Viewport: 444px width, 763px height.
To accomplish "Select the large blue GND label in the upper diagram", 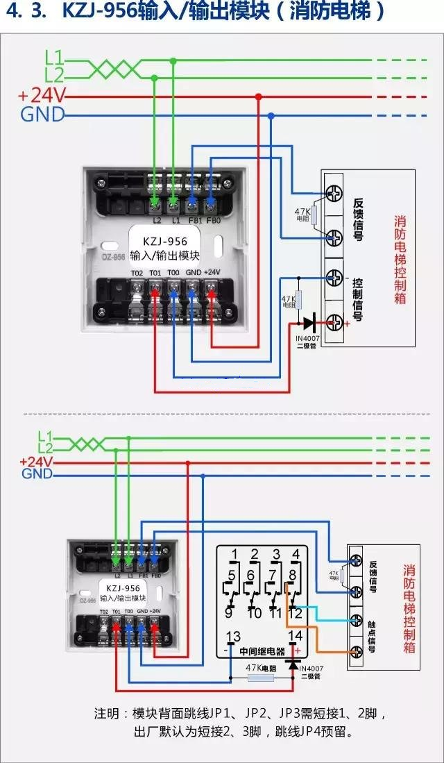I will pyautogui.click(x=42, y=115).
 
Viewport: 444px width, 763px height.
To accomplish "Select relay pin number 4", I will pyautogui.click(x=296, y=555).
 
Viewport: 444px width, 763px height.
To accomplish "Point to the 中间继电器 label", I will pyautogui.click(x=262, y=652).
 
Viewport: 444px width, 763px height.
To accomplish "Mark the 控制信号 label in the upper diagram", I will pyautogui.click(x=357, y=300).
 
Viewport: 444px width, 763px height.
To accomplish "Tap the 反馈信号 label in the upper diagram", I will pyautogui.click(x=357, y=212).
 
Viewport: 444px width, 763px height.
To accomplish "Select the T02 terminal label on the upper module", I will pyautogui.click(x=137, y=272).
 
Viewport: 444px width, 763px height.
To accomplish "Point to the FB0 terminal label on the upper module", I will pyautogui.click(x=213, y=220).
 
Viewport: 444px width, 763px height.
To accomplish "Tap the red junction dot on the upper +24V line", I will pyautogui.click(x=259, y=97).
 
